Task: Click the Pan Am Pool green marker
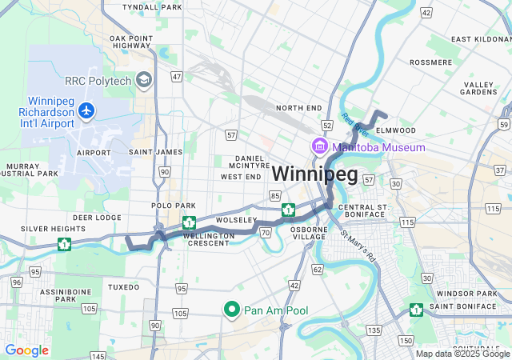point(232,309)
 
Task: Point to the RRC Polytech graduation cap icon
point(144,79)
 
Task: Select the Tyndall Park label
point(154,6)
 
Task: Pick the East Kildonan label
point(481,38)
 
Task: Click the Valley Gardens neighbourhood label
point(479,88)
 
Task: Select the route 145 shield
point(98,355)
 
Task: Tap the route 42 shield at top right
point(425,13)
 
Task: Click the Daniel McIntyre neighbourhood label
point(250,163)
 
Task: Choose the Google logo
point(26,350)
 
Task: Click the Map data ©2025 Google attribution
point(462,354)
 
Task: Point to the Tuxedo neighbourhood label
point(124,286)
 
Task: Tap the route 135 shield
point(373,330)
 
